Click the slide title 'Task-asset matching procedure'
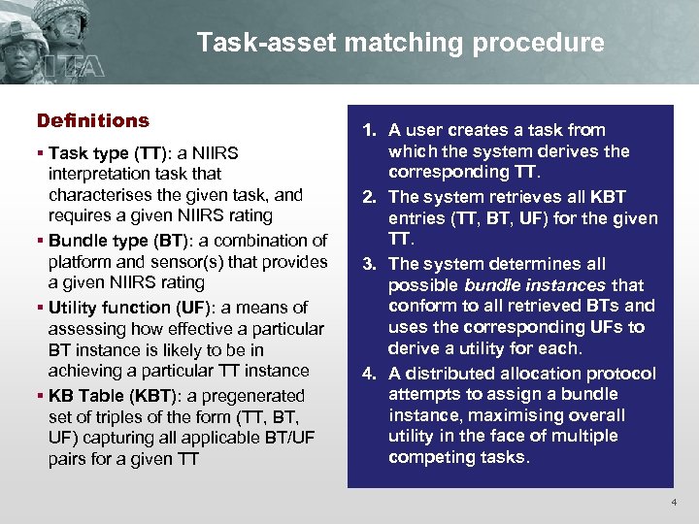click(x=400, y=43)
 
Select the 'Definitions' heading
click(x=92, y=121)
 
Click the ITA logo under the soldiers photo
click(x=39, y=69)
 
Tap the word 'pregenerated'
click(x=255, y=396)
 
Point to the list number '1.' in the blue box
click(x=371, y=130)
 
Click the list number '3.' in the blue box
click(x=371, y=263)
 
